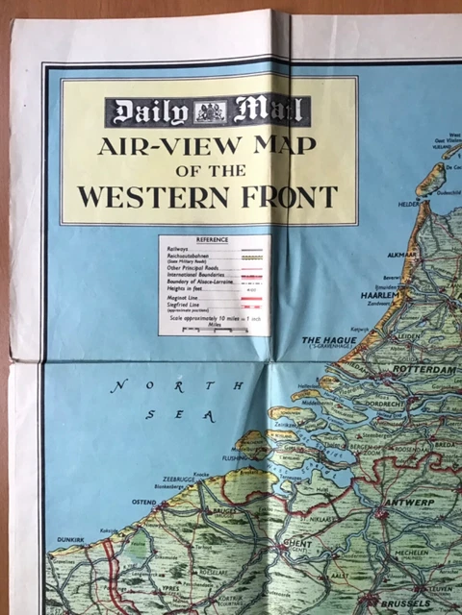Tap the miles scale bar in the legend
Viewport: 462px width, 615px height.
pos(215,330)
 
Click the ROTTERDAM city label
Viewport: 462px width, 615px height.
pos(422,369)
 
